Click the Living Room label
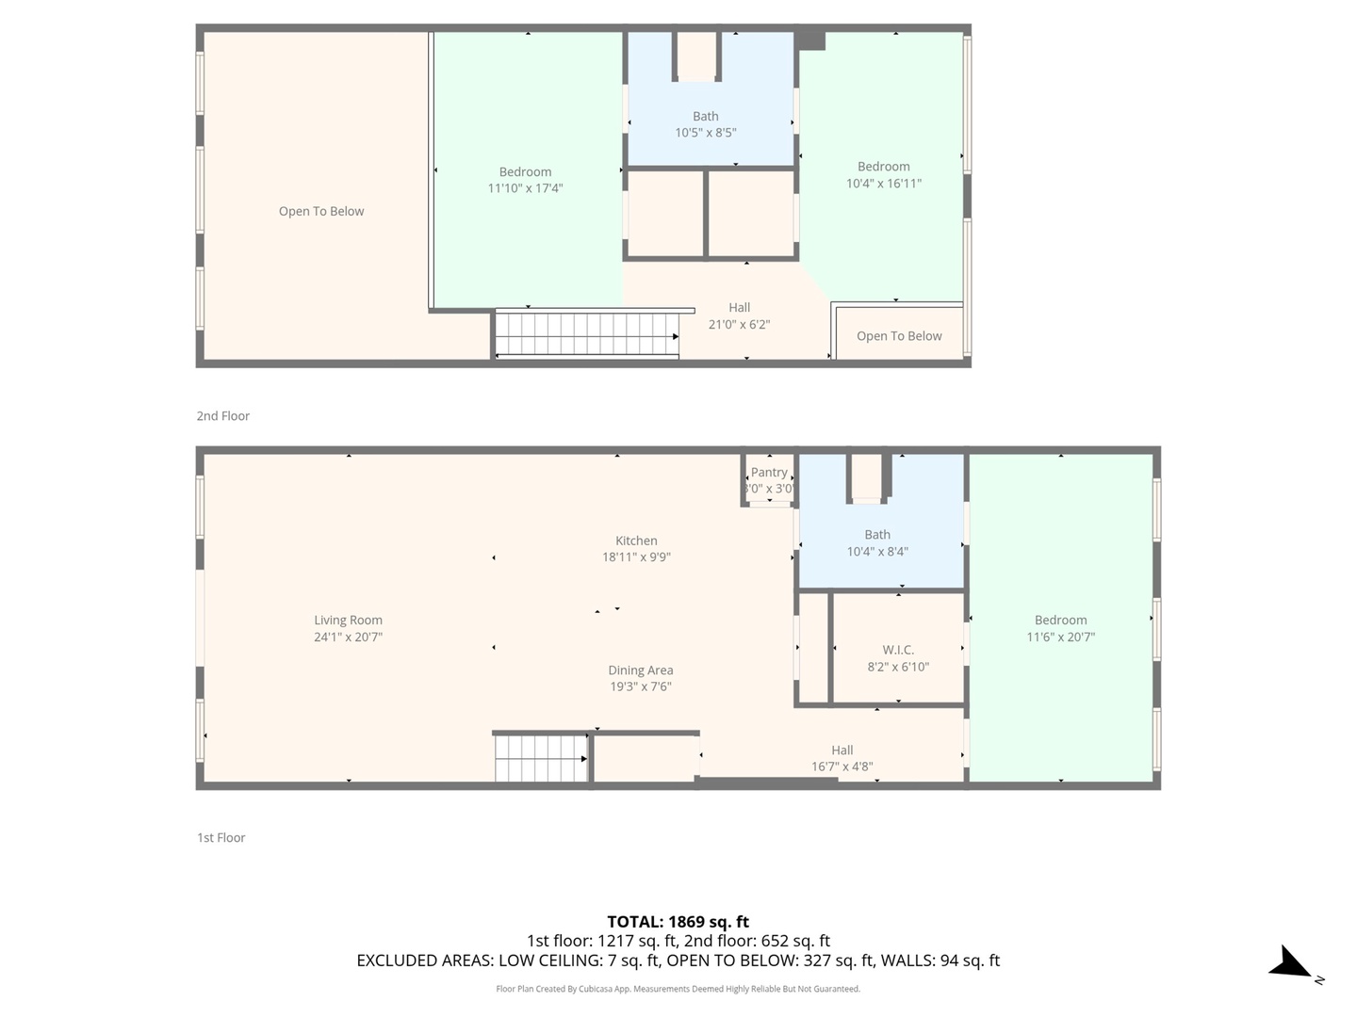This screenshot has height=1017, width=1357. click(348, 621)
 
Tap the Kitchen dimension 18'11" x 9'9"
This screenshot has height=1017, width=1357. click(636, 557)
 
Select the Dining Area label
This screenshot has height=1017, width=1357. click(640, 670)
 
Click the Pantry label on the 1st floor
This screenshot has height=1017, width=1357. click(769, 473)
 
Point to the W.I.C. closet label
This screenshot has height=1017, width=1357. click(897, 650)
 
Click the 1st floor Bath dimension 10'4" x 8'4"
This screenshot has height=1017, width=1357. click(876, 552)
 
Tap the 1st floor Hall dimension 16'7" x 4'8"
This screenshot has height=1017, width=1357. click(842, 767)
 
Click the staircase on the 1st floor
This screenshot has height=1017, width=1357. click(541, 758)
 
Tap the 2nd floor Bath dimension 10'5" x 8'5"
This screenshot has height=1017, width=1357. click(705, 133)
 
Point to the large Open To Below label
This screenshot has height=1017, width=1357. click(321, 211)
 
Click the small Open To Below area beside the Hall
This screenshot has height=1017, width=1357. click(899, 336)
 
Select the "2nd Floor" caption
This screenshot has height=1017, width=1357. click(223, 416)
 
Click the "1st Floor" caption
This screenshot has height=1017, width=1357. click(221, 838)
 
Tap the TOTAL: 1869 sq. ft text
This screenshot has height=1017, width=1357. click(678, 922)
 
